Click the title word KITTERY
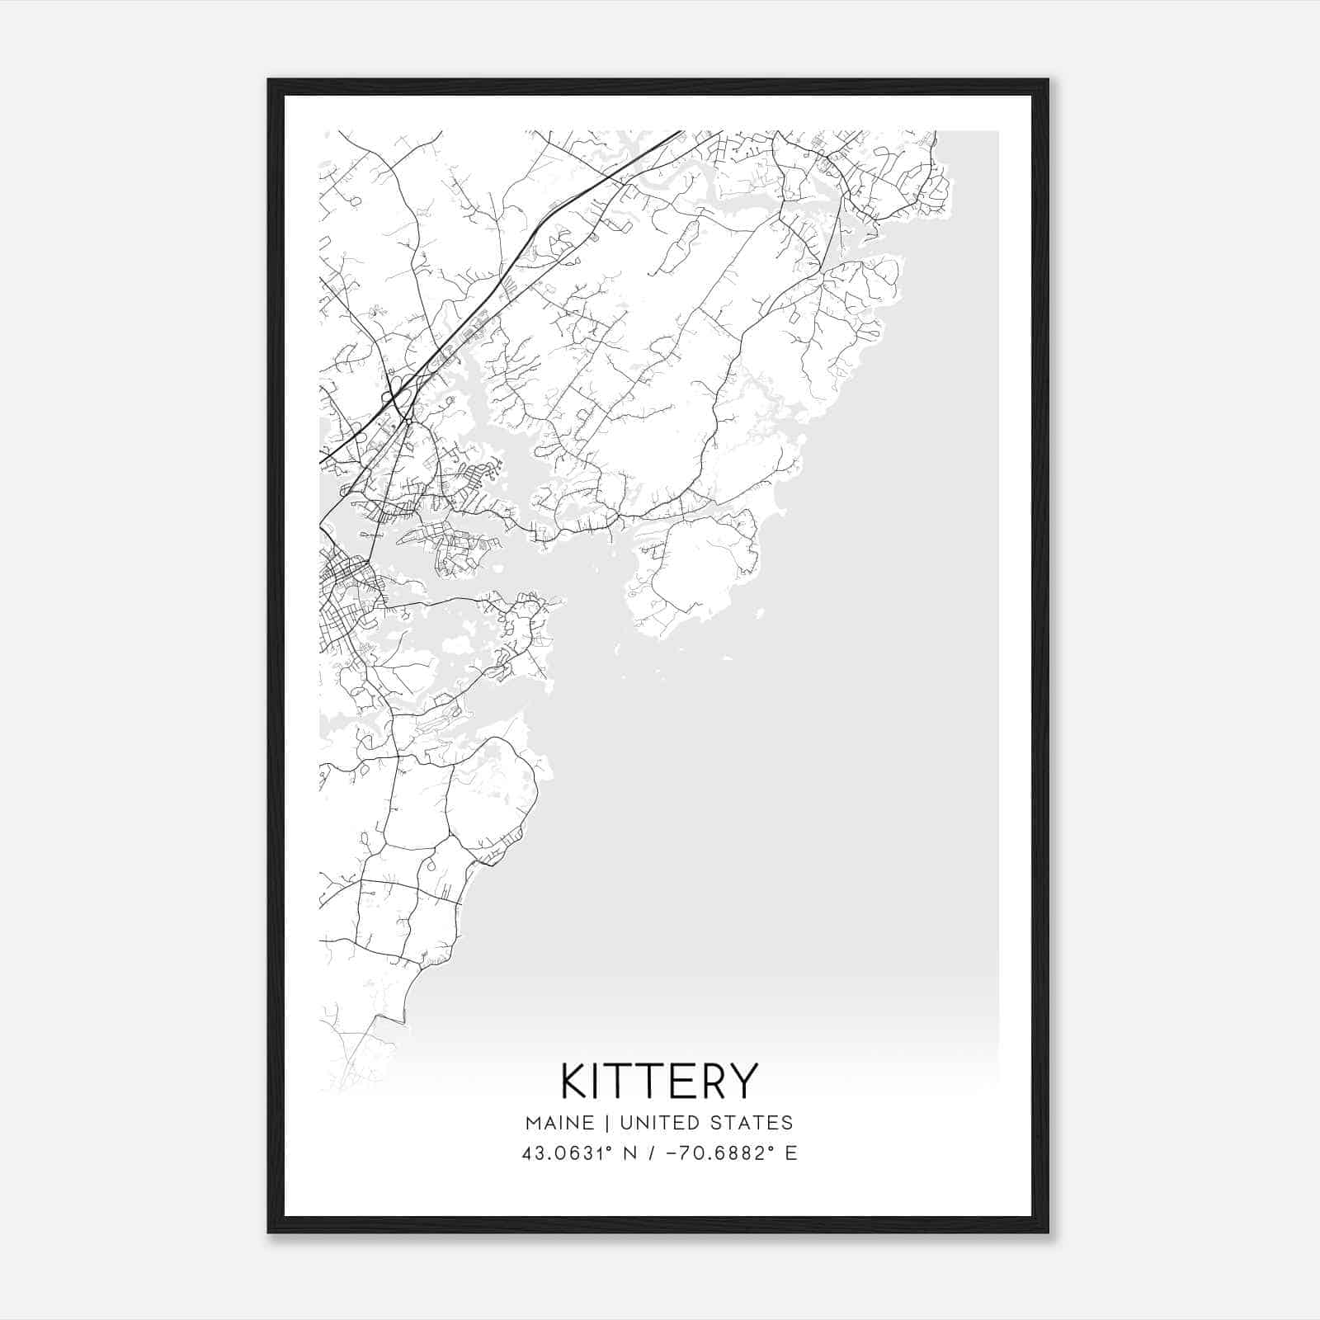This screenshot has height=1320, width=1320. pos(659,1081)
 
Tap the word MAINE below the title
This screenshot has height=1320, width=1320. pos(559,1123)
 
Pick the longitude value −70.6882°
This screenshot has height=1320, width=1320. pos(710,1153)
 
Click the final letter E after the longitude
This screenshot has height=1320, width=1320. pos(791,1153)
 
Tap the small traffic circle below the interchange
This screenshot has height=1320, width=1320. pos(408,422)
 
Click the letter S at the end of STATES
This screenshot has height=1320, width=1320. pos(788,1123)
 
